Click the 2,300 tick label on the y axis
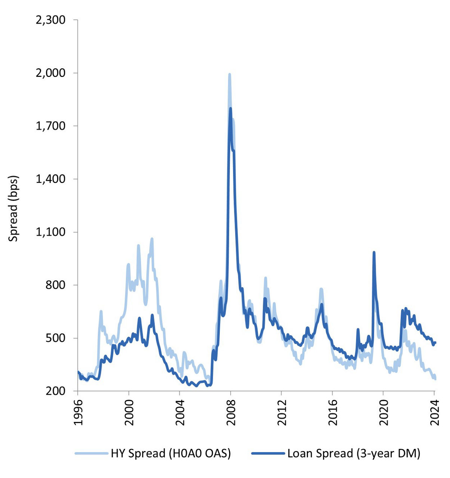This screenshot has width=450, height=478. point(50,20)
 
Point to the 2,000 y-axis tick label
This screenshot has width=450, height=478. point(50,73)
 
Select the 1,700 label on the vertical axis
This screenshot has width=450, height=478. point(50,126)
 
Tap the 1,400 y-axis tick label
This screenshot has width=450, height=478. point(50,179)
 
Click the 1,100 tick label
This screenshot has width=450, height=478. point(50,232)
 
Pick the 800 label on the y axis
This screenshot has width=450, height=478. point(55,285)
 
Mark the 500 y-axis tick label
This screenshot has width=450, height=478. point(55,338)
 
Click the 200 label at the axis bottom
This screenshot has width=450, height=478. point(55,391)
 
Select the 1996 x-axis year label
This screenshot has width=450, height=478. point(78,412)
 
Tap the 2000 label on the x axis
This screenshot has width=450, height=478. point(129,412)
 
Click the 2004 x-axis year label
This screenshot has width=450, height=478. point(180,412)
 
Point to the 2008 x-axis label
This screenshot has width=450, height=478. point(231,412)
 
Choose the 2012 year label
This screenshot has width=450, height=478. point(281,412)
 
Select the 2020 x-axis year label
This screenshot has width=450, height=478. point(383,412)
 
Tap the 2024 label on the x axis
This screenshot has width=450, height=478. point(434,412)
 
